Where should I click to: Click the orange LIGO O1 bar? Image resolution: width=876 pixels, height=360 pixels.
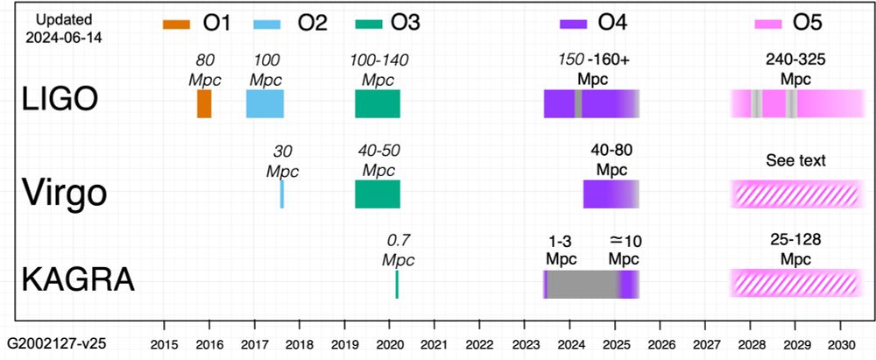[x=204, y=103]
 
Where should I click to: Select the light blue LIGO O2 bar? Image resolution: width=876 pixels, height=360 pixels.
[x=265, y=103]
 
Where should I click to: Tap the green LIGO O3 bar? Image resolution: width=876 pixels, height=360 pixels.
[x=378, y=103]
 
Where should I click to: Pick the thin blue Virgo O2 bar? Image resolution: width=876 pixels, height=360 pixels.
[x=282, y=194]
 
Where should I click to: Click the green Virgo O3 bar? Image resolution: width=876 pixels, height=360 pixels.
[x=378, y=194]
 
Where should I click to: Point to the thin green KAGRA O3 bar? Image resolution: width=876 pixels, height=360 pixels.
[x=397, y=284]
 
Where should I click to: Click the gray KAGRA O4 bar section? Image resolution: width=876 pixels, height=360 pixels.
[x=583, y=284]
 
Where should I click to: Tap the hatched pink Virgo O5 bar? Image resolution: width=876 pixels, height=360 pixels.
[x=795, y=194]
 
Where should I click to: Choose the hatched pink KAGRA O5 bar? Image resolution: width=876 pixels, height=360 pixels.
[x=795, y=284]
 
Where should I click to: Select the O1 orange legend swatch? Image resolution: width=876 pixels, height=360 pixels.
[x=176, y=24]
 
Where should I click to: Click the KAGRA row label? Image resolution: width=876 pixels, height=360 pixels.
[x=78, y=280]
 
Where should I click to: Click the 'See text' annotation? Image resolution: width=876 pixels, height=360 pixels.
[x=795, y=160]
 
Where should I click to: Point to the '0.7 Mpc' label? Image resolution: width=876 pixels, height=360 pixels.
[x=399, y=249]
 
